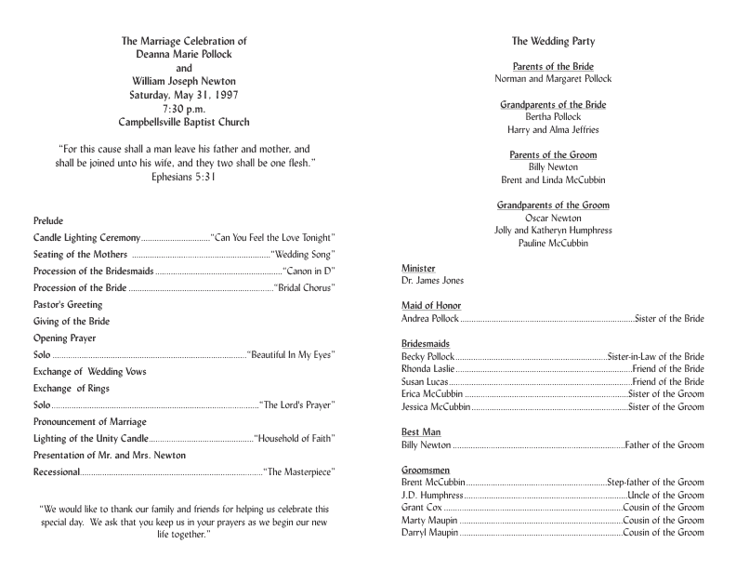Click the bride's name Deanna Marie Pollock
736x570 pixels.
pyautogui.click(x=184, y=54)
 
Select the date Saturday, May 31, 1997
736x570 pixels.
pyautogui.click(x=184, y=95)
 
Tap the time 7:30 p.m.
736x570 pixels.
pyautogui.click(x=184, y=109)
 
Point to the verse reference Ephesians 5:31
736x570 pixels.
pyautogui.click(x=184, y=176)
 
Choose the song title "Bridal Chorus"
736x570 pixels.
pyautogui.click(x=304, y=287)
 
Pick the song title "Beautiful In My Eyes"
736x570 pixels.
pyautogui.click(x=291, y=354)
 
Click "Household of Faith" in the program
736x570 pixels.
pyautogui.click(x=294, y=438)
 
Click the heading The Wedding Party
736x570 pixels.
pyautogui.click(x=553, y=41)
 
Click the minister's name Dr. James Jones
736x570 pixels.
pyautogui.click(x=432, y=280)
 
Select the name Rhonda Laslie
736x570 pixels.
pyautogui.click(x=426, y=369)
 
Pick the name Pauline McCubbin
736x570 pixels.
pyautogui.click(x=553, y=244)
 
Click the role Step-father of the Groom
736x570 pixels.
pyautogui.click(x=655, y=483)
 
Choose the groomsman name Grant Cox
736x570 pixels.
pyautogui.click(x=421, y=508)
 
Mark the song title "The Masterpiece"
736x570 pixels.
pyautogui.click(x=298, y=472)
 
